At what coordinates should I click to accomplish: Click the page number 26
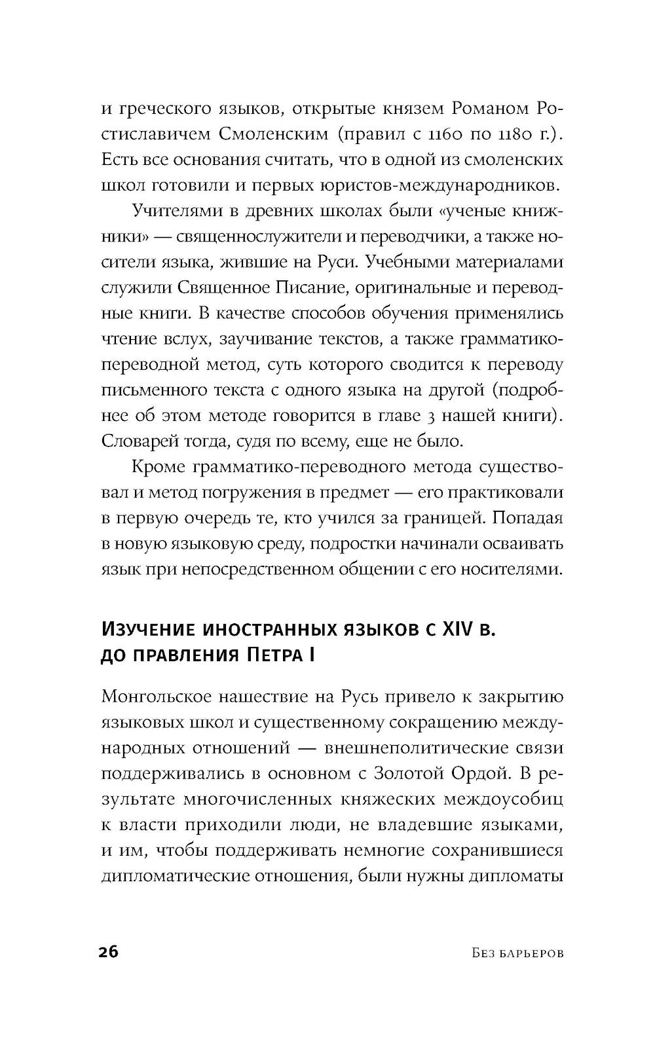coord(108,952)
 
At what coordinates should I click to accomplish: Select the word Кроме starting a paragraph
coord(158,467)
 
